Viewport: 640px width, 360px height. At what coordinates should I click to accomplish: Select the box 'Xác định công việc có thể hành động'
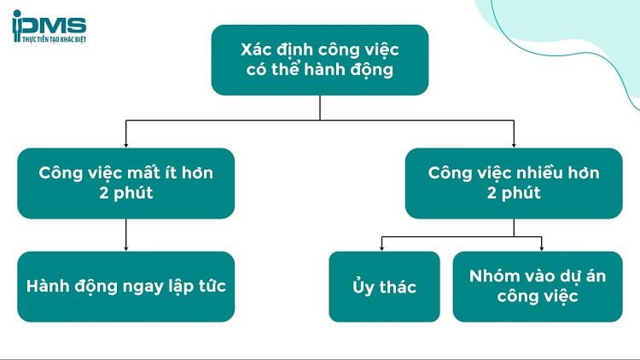click(320, 59)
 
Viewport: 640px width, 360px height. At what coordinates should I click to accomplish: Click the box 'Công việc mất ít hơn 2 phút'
click(125, 183)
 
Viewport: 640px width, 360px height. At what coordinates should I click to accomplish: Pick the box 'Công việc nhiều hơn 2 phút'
click(514, 183)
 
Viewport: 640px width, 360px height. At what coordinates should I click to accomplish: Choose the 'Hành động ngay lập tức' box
click(125, 287)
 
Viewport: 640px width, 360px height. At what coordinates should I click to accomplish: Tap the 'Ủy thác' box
click(384, 287)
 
